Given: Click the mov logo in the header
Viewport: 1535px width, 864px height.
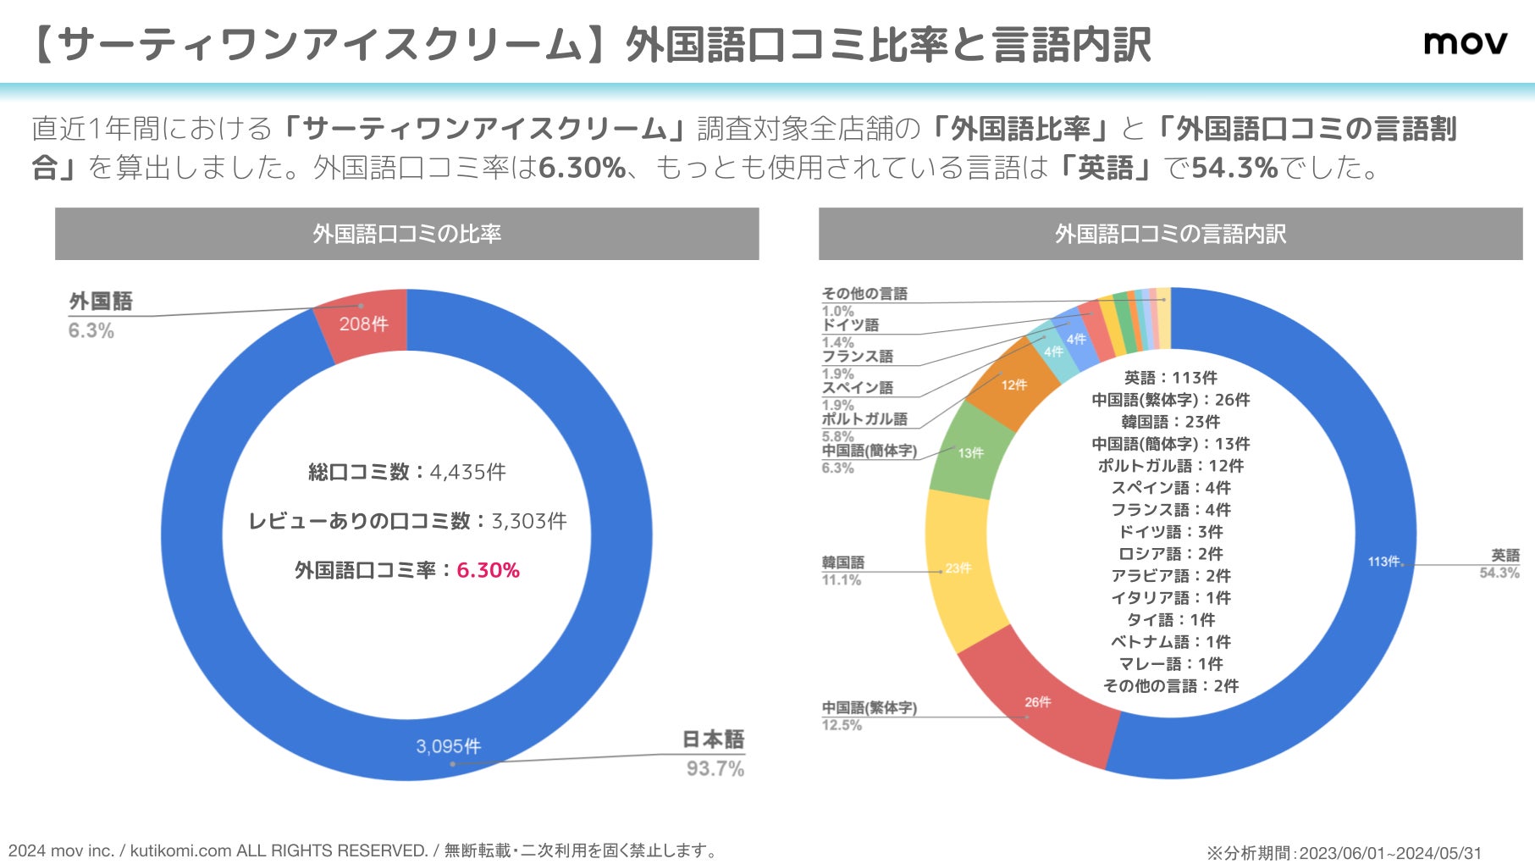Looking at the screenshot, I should click(1465, 42).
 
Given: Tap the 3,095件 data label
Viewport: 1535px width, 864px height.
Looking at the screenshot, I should click(448, 746).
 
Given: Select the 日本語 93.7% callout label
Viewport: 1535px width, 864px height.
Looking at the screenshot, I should click(714, 753).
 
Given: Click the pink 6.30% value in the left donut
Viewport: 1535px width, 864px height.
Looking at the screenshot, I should click(488, 570).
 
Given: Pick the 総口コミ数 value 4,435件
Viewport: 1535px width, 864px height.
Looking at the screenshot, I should click(467, 472).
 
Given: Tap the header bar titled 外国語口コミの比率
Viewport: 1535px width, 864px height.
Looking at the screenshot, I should click(406, 234).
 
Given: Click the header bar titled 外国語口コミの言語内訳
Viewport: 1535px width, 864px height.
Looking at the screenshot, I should click(1170, 234).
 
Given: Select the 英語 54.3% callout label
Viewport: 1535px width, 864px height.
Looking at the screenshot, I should click(1500, 563).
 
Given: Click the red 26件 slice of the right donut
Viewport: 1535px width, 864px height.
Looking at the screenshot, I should click(1037, 702).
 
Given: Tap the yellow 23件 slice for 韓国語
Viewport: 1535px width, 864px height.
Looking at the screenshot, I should click(958, 568).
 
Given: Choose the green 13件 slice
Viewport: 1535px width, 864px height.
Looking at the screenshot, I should click(970, 453).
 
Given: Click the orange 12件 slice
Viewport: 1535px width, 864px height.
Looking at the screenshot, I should click(1013, 385).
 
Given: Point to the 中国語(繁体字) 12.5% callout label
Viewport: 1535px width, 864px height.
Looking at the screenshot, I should click(869, 716).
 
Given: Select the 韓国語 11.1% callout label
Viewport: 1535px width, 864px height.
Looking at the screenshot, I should click(842, 570).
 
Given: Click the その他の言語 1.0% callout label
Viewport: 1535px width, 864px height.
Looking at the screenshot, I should click(864, 301).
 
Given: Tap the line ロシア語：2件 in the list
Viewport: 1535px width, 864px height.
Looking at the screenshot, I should click(1170, 554).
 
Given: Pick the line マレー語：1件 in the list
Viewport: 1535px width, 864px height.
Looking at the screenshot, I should click(1170, 664).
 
